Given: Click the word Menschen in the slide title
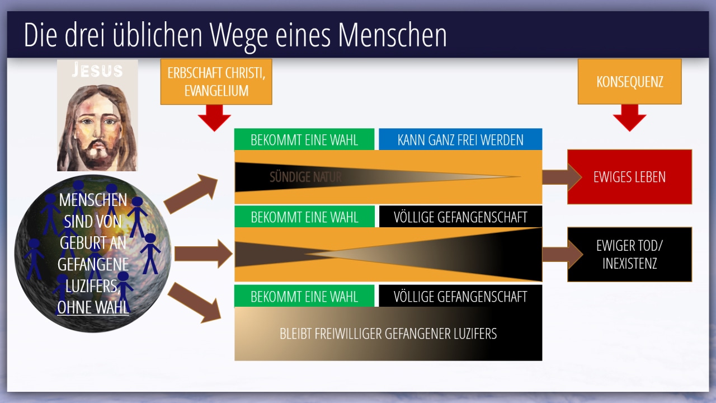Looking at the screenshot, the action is [392, 35].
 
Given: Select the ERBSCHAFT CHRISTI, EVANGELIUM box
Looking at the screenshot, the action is [216, 82].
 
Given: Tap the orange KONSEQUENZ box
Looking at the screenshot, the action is [629, 82].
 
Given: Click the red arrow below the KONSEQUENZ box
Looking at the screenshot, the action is [629, 118].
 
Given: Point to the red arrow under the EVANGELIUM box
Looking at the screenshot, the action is [214, 118].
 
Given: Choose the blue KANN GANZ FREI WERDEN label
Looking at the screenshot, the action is [460, 139].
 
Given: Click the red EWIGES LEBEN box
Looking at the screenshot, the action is [630, 177].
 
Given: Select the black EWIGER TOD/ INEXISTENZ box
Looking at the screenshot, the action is [630, 255].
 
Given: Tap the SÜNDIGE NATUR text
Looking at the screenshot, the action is [305, 177].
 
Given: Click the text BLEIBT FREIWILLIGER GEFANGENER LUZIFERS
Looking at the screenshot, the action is [388, 334].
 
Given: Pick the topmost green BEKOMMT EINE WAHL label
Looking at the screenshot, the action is [304, 139].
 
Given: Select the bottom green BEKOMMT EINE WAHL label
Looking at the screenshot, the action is [304, 296].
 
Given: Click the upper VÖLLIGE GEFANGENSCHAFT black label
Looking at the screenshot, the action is [460, 217].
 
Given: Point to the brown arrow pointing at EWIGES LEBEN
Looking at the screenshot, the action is [562, 177].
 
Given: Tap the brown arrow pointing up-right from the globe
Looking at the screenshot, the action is [191, 194].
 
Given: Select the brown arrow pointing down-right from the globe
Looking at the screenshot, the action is [194, 303].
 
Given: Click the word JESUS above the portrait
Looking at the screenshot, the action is [97, 70].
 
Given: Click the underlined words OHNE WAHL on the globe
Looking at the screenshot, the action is [93, 307].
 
